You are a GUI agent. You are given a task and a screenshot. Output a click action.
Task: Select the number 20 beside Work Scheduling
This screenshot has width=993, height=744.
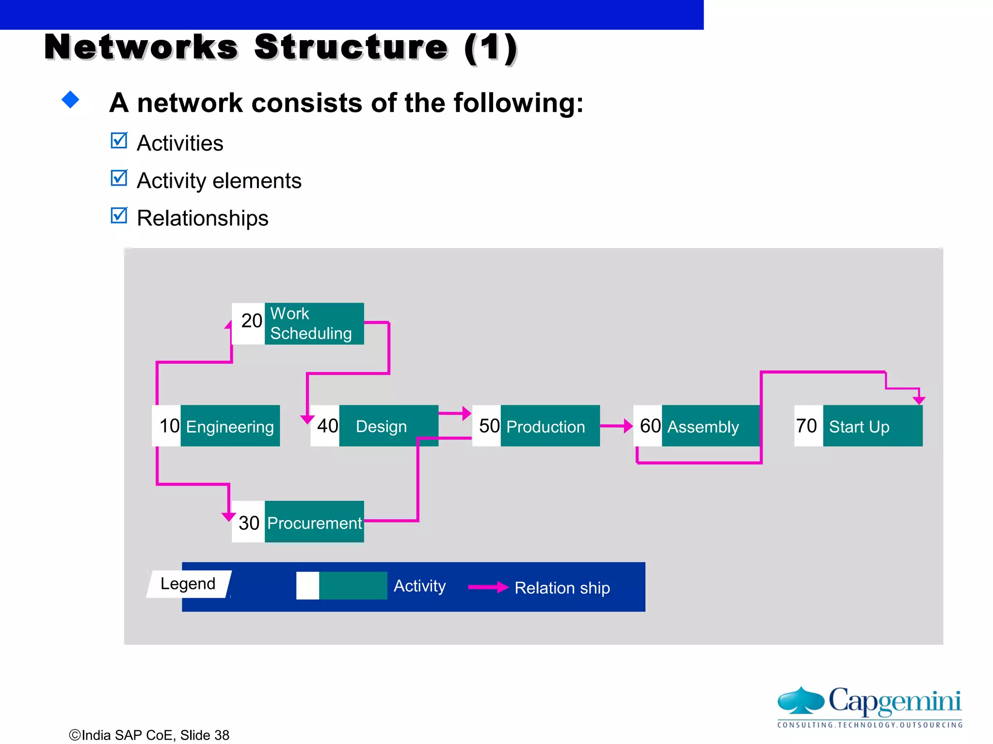click(251, 321)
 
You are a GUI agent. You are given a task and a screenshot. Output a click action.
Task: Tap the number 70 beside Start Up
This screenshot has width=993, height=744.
click(807, 426)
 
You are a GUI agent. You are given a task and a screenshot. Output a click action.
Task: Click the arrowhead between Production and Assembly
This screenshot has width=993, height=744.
click(628, 426)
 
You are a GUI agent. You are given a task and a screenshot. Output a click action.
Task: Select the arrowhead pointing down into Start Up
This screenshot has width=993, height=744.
click(919, 400)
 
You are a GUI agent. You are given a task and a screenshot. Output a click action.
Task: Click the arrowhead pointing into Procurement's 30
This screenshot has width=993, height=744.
click(228, 516)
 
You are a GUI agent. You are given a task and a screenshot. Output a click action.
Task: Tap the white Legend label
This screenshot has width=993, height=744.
click(188, 584)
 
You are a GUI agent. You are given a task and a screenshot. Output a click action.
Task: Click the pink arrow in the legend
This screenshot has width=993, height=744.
click(488, 588)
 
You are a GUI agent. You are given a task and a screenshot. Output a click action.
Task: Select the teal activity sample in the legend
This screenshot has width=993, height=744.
click(353, 586)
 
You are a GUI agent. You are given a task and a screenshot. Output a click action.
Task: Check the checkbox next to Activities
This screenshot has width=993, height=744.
click(119, 141)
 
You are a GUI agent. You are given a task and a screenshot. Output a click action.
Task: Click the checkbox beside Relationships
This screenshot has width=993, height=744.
click(119, 216)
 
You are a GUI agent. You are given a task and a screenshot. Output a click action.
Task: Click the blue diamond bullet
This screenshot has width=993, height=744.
click(71, 100)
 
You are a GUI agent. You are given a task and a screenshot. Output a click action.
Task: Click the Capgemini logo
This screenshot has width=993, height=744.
click(869, 707)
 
